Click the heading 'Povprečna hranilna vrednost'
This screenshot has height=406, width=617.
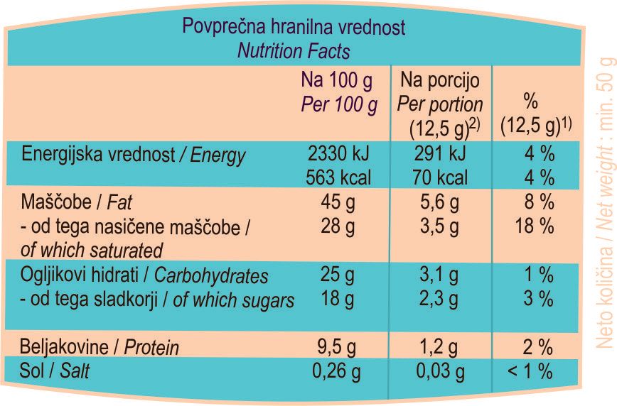pyautogui.click(x=294, y=28)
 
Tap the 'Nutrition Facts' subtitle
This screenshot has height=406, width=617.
pyautogui.click(x=294, y=51)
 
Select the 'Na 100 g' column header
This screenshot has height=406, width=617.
pyautogui.click(x=337, y=78)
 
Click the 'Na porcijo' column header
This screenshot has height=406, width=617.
pyautogui.click(x=440, y=78)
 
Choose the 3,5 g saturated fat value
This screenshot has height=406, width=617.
pyautogui.click(x=439, y=226)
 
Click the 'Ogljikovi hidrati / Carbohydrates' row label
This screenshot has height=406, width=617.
pyautogui.click(x=145, y=275)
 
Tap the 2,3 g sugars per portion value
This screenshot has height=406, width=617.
pyautogui.click(x=439, y=300)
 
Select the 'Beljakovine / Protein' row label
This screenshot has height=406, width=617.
pyautogui.click(x=100, y=348)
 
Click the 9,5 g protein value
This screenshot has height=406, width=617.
pyautogui.click(x=338, y=348)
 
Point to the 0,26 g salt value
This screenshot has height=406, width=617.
pyautogui.click(x=338, y=371)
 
